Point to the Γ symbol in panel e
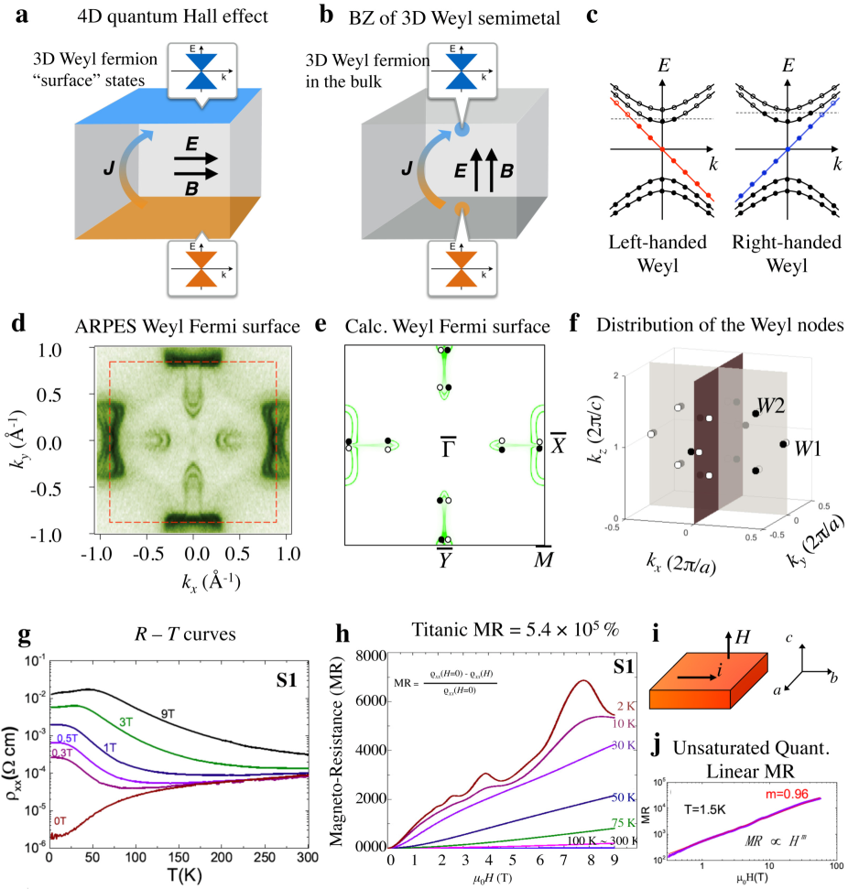coord(448,448)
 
